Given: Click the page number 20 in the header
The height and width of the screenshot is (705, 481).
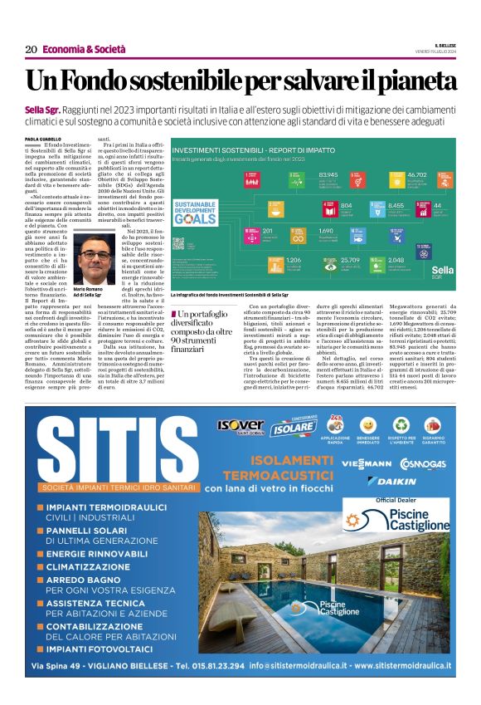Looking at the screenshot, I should pyautogui.click(x=31, y=50).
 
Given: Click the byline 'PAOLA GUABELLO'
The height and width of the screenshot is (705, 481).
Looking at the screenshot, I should pyautogui.click(x=42, y=140).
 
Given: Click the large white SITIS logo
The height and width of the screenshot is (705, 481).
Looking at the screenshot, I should pyautogui.click(x=116, y=455).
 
